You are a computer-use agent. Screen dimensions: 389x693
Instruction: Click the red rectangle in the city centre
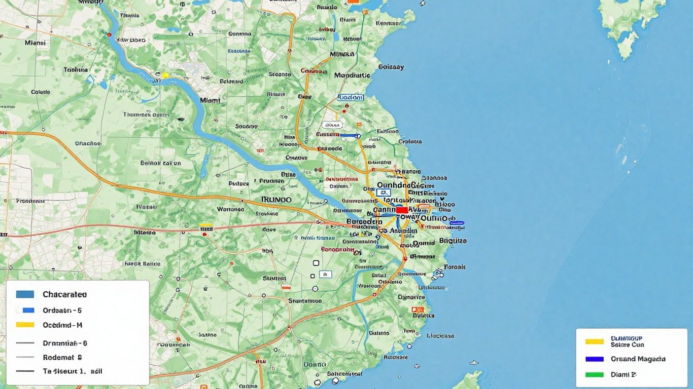(x=402, y=210)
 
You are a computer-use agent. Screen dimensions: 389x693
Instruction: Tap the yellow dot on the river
(x=164, y=75)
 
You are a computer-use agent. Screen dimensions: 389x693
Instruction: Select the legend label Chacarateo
(x=64, y=294)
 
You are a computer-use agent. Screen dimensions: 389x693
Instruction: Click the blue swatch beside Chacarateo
(x=25, y=294)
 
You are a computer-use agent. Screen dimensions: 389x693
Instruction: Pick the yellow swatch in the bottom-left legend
(x=25, y=325)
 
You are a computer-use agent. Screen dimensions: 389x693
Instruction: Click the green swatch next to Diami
(x=595, y=375)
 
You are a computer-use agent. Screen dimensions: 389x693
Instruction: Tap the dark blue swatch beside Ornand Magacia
(x=595, y=359)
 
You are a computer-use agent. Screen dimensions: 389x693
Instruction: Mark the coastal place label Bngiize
(x=453, y=241)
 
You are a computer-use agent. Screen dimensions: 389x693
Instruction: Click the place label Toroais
(x=455, y=267)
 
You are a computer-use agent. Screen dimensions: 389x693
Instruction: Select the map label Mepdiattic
(x=353, y=75)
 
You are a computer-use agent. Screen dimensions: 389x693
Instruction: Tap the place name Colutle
(x=41, y=92)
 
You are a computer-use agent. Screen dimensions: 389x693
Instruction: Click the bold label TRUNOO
(x=276, y=200)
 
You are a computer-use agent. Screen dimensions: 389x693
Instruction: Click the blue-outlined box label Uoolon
(x=351, y=97)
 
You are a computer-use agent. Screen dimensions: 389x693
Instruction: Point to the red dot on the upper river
(x=109, y=35)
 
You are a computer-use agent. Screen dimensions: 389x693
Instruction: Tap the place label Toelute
(x=76, y=70)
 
